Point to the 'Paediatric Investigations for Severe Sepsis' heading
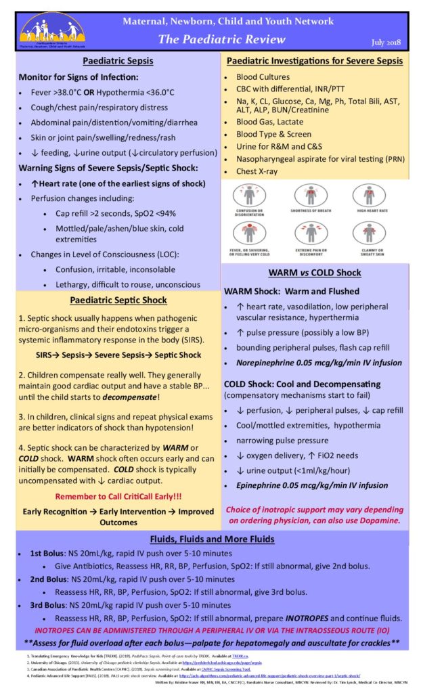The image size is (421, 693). click(315, 61)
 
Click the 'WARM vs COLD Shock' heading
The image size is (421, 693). click(315, 273)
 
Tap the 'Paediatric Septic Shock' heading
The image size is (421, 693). click(118, 300)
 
